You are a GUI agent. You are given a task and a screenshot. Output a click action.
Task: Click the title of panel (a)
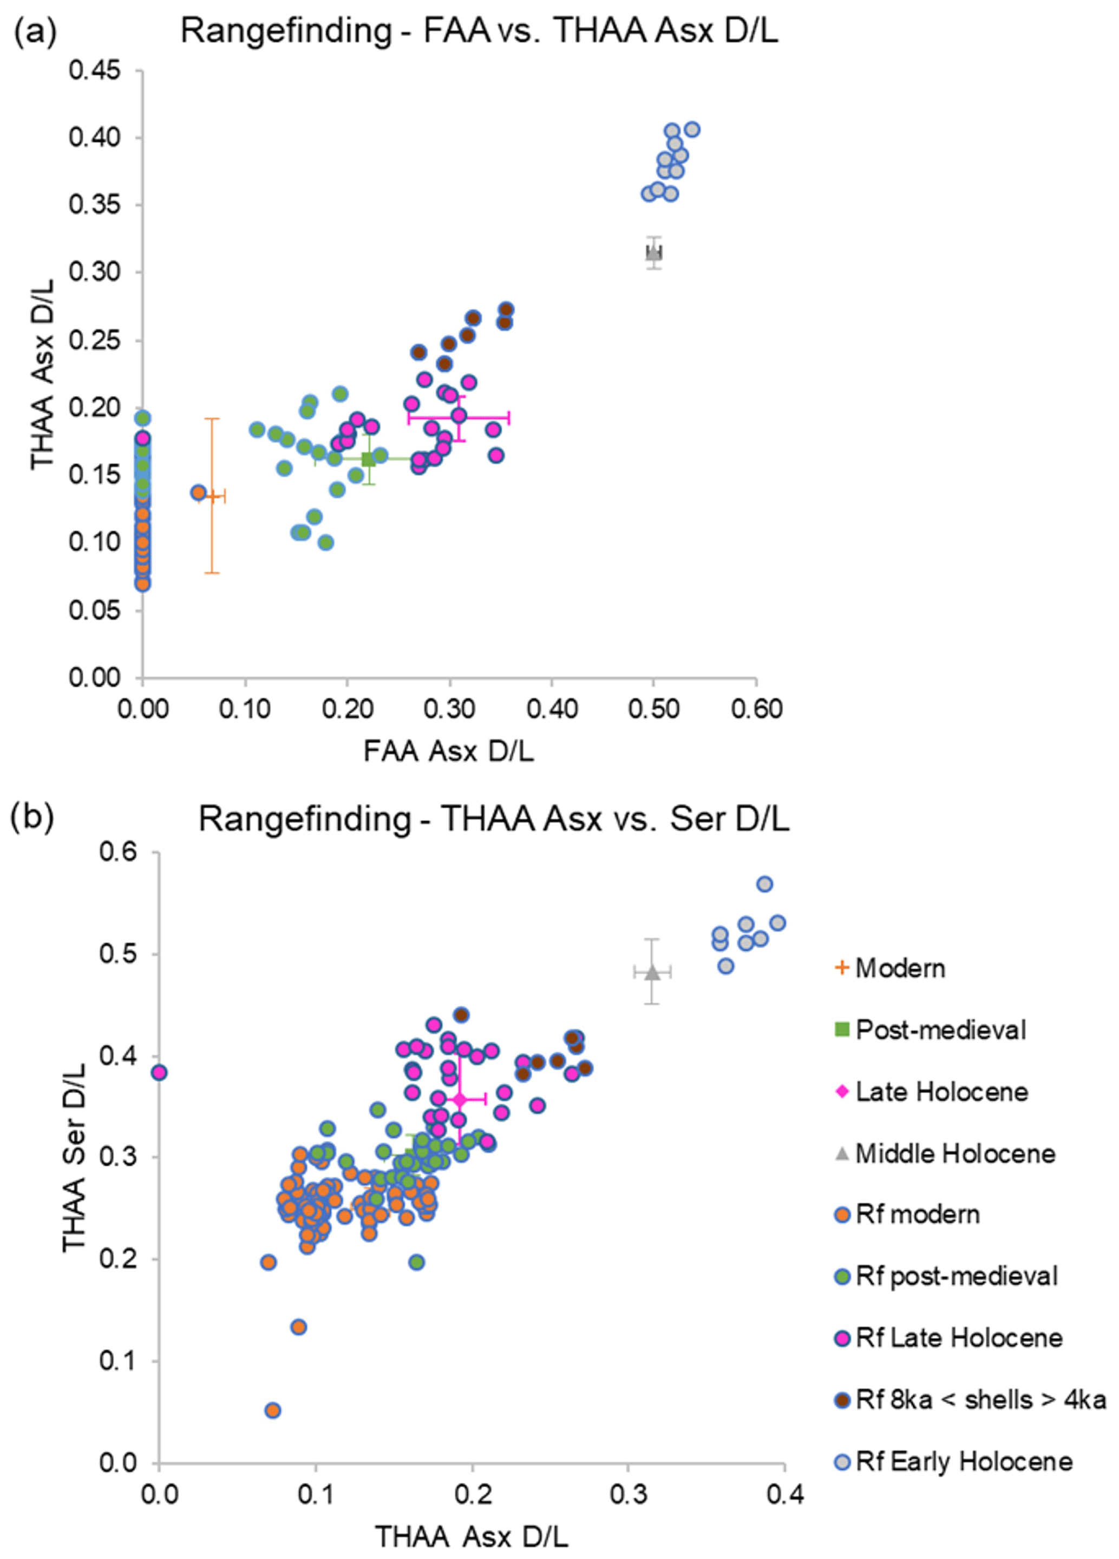[x=479, y=31]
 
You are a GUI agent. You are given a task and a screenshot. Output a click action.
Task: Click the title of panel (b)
[x=493, y=818]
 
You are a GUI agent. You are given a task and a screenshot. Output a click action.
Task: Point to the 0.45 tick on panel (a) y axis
[x=95, y=70]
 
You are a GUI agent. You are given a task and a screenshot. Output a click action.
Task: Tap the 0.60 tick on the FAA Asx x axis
[x=756, y=709]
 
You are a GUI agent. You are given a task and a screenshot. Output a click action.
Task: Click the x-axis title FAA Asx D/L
[x=448, y=751]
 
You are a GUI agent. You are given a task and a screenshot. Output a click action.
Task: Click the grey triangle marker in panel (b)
[x=652, y=972]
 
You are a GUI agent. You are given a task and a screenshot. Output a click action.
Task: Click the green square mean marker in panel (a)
[x=369, y=459]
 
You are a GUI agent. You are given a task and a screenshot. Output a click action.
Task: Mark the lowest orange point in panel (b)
[x=272, y=1411]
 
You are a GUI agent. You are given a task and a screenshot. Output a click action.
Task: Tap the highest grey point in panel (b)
[x=764, y=884]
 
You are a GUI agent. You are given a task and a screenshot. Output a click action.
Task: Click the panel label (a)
[x=35, y=31]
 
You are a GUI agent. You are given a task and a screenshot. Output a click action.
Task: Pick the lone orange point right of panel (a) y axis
[x=198, y=492]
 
